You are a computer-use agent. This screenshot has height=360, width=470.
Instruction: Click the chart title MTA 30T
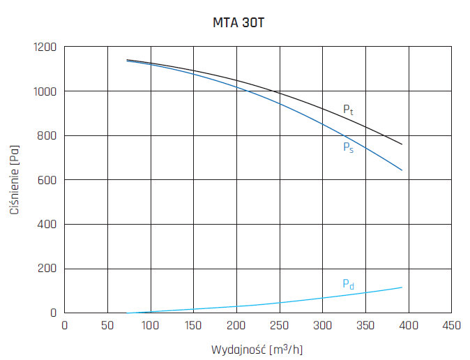238,22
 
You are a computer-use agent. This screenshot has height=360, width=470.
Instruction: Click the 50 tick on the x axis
107,324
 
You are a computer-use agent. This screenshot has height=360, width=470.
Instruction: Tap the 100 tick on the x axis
151,324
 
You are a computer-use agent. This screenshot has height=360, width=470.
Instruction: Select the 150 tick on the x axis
194,324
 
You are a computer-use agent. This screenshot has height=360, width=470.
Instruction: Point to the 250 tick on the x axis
280,324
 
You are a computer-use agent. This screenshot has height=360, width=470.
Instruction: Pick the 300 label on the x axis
323,324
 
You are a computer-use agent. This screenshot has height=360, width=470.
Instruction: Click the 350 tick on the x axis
366,324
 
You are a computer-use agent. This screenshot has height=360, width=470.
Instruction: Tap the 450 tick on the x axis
452,324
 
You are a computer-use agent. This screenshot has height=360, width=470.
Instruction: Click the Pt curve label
348,110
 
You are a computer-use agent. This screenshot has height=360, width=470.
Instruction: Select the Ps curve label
348,147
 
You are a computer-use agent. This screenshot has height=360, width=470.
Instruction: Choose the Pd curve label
348,284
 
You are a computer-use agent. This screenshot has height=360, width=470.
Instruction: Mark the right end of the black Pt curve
402,144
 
